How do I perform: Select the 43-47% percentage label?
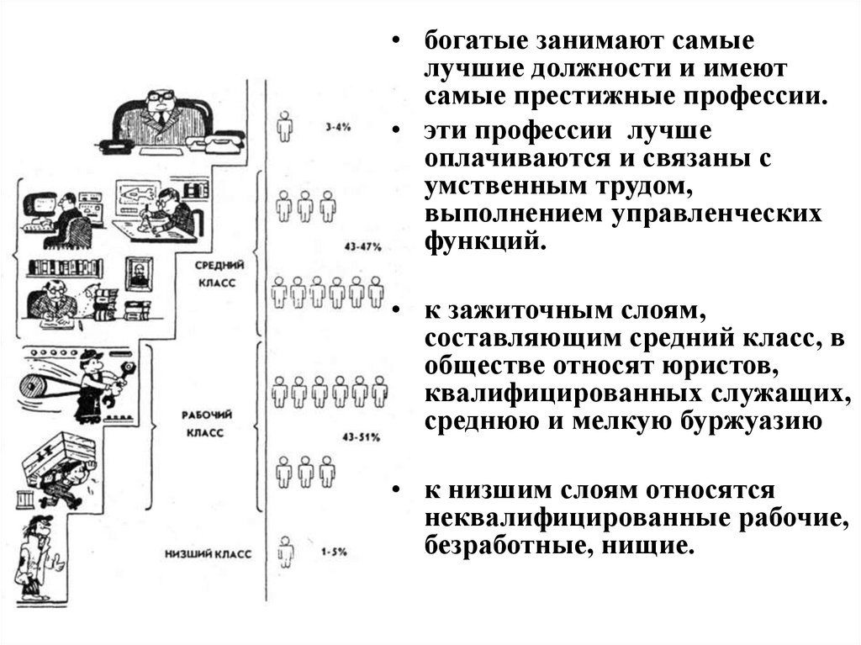coord(362,247)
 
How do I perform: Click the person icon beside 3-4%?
coord(286,127)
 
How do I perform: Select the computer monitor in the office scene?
coord(40,206)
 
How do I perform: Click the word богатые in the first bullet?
coord(462,41)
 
